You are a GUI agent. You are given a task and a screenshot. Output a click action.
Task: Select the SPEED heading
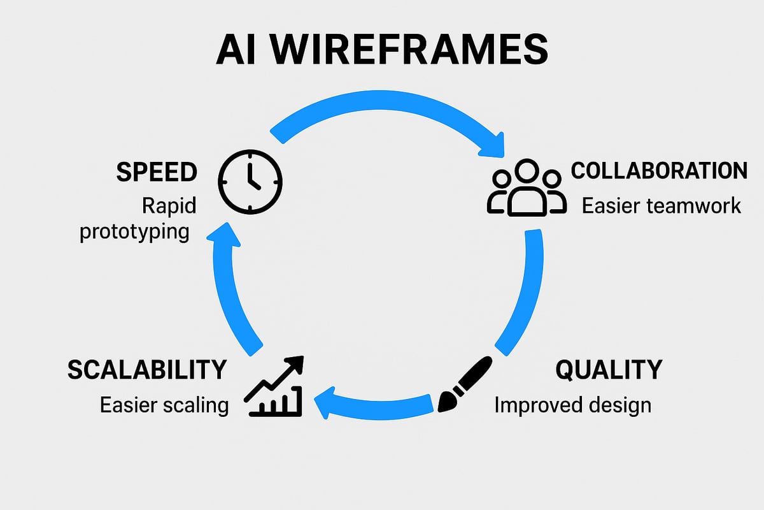pos(157,172)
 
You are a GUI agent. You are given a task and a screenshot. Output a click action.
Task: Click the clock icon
pos(250,181)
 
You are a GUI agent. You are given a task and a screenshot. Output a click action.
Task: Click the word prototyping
pos(134,231)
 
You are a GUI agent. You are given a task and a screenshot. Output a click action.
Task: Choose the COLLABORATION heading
pos(659,171)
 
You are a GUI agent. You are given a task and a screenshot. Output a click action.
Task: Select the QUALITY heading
pos(609,370)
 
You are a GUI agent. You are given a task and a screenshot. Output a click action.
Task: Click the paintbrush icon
pos(465,384)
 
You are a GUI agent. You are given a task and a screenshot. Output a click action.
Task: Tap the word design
pos(621,404)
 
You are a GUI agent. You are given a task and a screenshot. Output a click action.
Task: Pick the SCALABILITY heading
pos(147,370)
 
